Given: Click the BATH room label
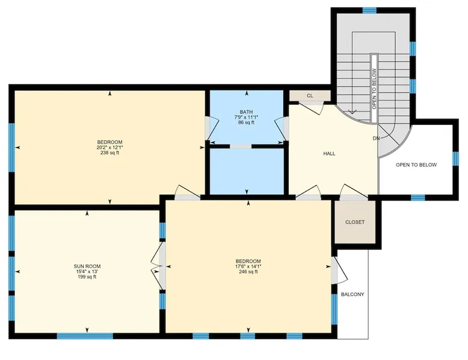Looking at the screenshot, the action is pos(246,112).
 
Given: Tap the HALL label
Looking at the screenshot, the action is pos(329,154).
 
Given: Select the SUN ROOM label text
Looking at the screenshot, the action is pos(87,266).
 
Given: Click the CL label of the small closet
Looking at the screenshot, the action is pos(310,96).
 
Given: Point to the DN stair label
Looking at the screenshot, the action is pos(376,138).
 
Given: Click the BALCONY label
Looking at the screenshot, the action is pos(353,294).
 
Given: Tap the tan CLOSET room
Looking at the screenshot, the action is pos(355,222).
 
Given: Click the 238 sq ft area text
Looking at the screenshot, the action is pos(110,153).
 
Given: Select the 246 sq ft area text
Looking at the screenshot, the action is pos(248,272).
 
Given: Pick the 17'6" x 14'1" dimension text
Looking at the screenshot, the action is pos(248,266).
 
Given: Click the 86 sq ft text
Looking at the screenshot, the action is pos(246,123).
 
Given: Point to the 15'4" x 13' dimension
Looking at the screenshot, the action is pos(87,272).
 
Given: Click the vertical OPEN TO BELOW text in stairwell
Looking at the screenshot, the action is pos(374,89).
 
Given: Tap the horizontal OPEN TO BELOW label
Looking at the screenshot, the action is pos(416,165).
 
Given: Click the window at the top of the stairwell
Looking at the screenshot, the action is pos(369,10).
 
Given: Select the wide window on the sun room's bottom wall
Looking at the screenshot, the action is pos(85,336).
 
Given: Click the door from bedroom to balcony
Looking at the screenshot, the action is pos(340,270).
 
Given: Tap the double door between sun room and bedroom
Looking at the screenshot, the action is pos(158,266).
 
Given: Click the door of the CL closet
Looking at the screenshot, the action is pos(311,108).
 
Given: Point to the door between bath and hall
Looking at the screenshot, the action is pos(281,128).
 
